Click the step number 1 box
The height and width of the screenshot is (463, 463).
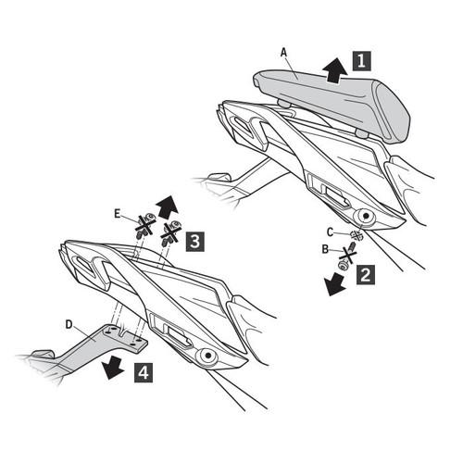pos(361,61)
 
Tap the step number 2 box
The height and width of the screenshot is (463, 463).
pos(366,275)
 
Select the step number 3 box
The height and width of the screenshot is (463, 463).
pos(194,242)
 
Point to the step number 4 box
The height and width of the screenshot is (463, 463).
pos(144,372)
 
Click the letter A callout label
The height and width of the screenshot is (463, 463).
pos(283,53)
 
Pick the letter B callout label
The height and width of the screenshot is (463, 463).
pos(325,249)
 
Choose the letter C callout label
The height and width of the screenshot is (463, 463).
pos(331,232)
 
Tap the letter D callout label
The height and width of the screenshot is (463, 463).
pos(69,324)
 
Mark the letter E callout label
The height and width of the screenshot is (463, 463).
pos(117,214)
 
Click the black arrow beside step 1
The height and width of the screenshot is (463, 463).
pos(334,70)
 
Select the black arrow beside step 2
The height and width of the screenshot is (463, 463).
pos(334,284)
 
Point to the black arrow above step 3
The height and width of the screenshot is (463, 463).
pos(168,207)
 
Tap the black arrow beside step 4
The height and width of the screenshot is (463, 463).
pos(113,368)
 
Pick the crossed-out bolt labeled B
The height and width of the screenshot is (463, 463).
pos(347,256)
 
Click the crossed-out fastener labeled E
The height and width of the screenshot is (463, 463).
pos(144,225)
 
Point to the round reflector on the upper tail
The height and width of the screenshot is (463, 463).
pos(366,217)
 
